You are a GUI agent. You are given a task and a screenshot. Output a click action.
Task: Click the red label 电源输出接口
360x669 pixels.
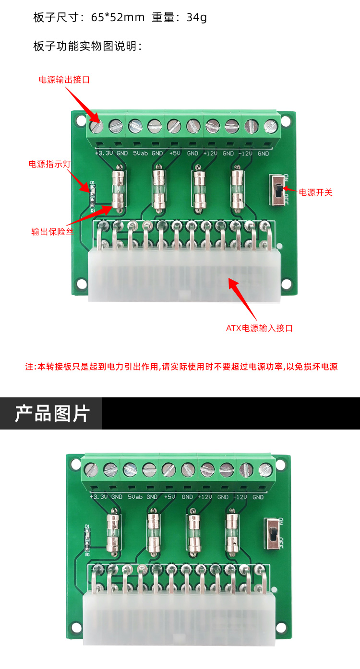pos(64,80)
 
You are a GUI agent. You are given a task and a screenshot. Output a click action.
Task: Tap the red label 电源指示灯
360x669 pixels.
pos(49,164)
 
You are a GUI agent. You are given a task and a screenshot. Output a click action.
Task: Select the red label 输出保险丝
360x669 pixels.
pos(53,232)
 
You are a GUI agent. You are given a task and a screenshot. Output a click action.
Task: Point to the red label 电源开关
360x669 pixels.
pos(316,192)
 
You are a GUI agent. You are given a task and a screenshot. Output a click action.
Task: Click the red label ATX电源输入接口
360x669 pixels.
pos(259,328)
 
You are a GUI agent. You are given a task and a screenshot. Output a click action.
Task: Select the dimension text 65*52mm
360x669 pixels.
pos(118,17)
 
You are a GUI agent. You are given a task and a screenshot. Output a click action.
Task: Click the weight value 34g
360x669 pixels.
pos(197,18)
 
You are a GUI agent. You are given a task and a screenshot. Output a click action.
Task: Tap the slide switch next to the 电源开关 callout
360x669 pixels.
pos(278,190)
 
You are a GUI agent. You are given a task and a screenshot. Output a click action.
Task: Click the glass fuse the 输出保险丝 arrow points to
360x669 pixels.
pos(118,190)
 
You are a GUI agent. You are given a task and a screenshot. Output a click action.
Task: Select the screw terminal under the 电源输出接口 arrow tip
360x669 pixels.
pos(96,126)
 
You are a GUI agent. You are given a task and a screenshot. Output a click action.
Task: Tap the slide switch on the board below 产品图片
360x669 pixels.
pos(272,534)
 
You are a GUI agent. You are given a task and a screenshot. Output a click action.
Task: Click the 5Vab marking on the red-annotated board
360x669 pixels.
pos(141,153)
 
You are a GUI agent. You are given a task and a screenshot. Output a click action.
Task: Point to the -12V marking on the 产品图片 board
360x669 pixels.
pos(240,497)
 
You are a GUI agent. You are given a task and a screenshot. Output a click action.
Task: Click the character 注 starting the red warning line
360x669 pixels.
pos(29,367)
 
